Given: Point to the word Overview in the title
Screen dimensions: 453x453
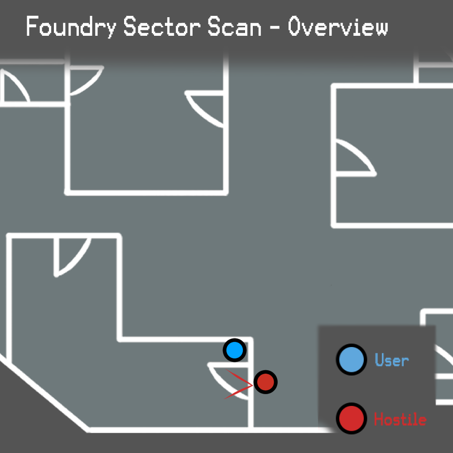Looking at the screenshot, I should [x=338, y=27].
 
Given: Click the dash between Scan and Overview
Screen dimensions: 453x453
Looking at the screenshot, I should [x=275, y=28].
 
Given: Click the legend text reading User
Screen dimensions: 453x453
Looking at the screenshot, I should [x=392, y=360].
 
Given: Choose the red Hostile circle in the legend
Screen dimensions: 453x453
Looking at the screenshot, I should [x=351, y=418].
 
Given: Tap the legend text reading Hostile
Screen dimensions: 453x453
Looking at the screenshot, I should [x=400, y=419].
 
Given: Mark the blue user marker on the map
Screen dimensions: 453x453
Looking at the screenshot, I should [x=235, y=350].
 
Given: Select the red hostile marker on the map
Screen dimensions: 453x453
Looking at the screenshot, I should [x=265, y=382].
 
